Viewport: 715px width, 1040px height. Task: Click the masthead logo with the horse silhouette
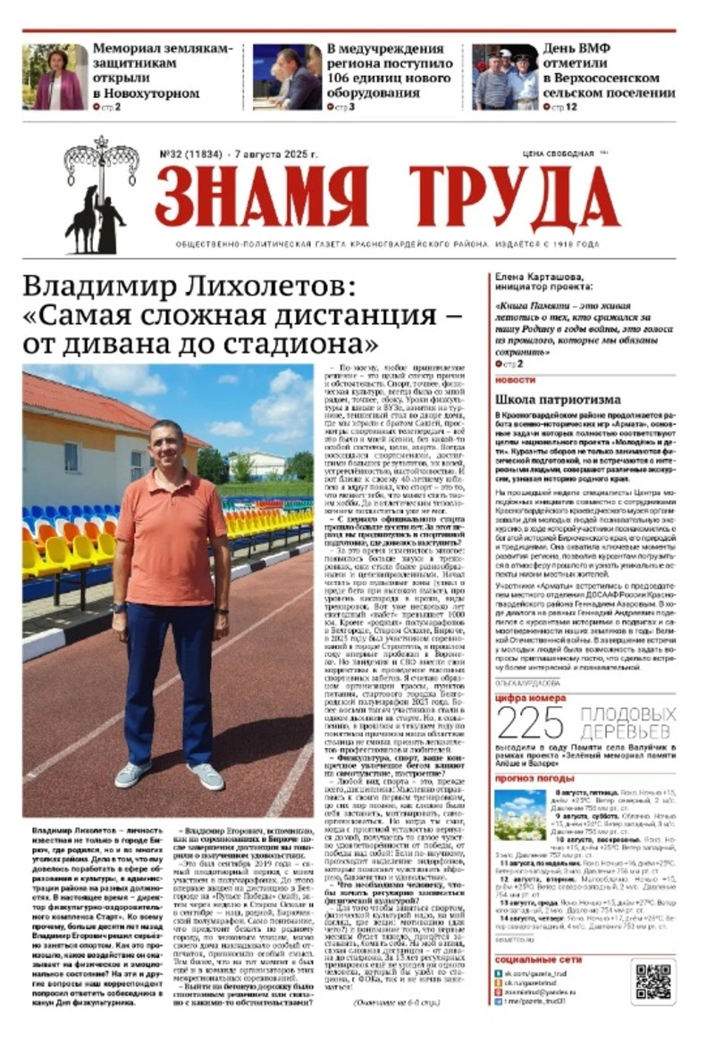[100, 196]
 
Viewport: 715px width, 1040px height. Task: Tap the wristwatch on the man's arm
[120, 608]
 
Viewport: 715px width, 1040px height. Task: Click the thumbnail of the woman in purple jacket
[55, 78]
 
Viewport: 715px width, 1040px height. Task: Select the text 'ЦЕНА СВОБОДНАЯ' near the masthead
[553, 154]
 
